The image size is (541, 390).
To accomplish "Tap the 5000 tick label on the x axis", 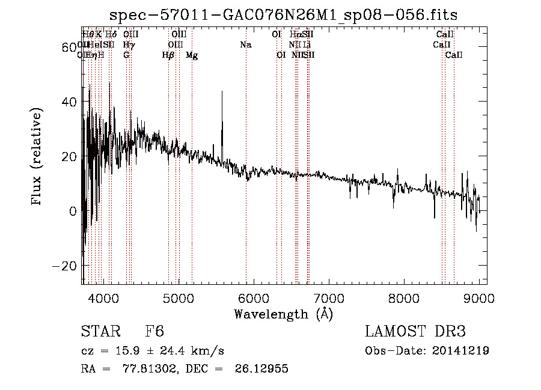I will click(178, 297).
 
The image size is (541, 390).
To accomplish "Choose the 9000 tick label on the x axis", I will click(479, 297).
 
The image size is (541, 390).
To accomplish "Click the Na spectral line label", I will click(245, 45).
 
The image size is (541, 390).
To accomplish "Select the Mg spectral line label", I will click(192, 55).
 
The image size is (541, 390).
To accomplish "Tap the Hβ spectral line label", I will click(168, 55).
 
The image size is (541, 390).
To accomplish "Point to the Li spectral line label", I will click(307, 45).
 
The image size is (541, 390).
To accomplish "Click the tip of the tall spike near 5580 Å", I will click(222, 91).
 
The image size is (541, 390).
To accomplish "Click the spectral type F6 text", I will click(154, 332).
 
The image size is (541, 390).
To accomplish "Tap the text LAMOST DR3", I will click(415, 332).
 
